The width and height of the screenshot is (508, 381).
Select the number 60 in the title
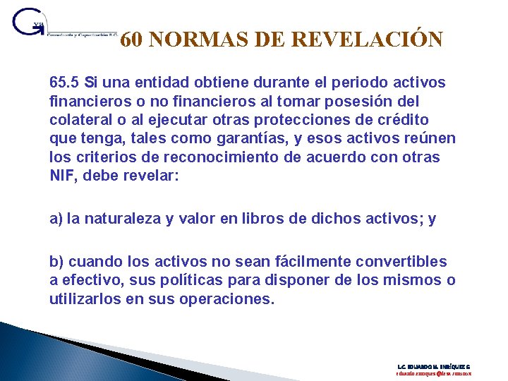132,40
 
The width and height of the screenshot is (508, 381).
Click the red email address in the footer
433,375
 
